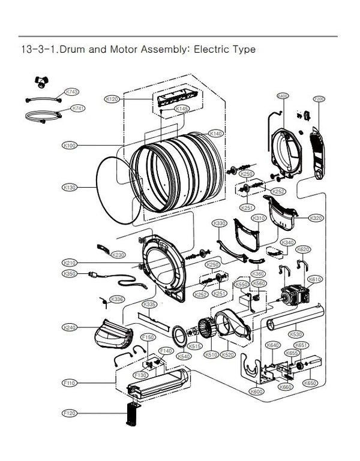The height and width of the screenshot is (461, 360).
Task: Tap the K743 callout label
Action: (71, 92)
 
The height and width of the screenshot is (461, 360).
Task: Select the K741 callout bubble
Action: (78, 109)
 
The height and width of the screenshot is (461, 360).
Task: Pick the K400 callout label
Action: (283, 97)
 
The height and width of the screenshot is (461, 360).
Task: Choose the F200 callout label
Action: (319, 98)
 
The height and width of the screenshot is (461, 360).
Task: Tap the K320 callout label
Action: (317, 218)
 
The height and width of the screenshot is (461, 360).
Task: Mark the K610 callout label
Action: (314, 279)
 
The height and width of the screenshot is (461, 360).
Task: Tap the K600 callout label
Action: (256, 391)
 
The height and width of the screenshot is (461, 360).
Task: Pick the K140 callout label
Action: (215, 133)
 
